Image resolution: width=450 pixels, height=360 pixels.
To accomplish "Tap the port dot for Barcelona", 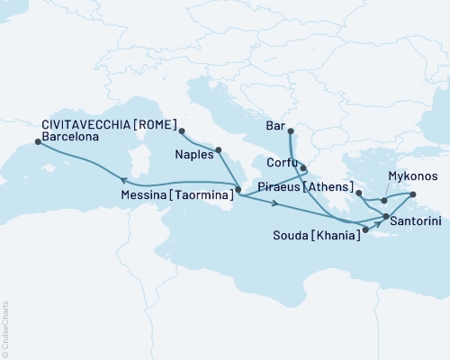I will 36,139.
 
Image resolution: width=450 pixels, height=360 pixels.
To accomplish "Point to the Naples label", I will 193,154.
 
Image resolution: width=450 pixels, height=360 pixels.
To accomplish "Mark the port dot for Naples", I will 218,149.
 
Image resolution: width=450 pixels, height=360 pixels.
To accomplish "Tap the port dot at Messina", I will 238,191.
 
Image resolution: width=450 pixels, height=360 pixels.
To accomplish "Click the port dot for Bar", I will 291,130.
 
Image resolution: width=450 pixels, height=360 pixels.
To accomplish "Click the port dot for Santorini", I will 386,217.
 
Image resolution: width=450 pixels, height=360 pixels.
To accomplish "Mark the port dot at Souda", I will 364,229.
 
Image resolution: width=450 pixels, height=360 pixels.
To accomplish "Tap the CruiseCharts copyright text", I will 5,329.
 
